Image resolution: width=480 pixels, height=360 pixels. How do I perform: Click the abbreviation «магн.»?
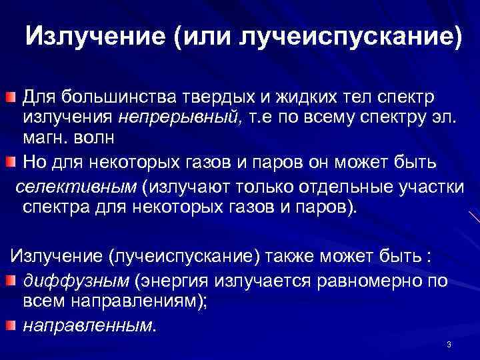point(45,139)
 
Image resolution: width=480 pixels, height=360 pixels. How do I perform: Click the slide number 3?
point(449,345)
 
